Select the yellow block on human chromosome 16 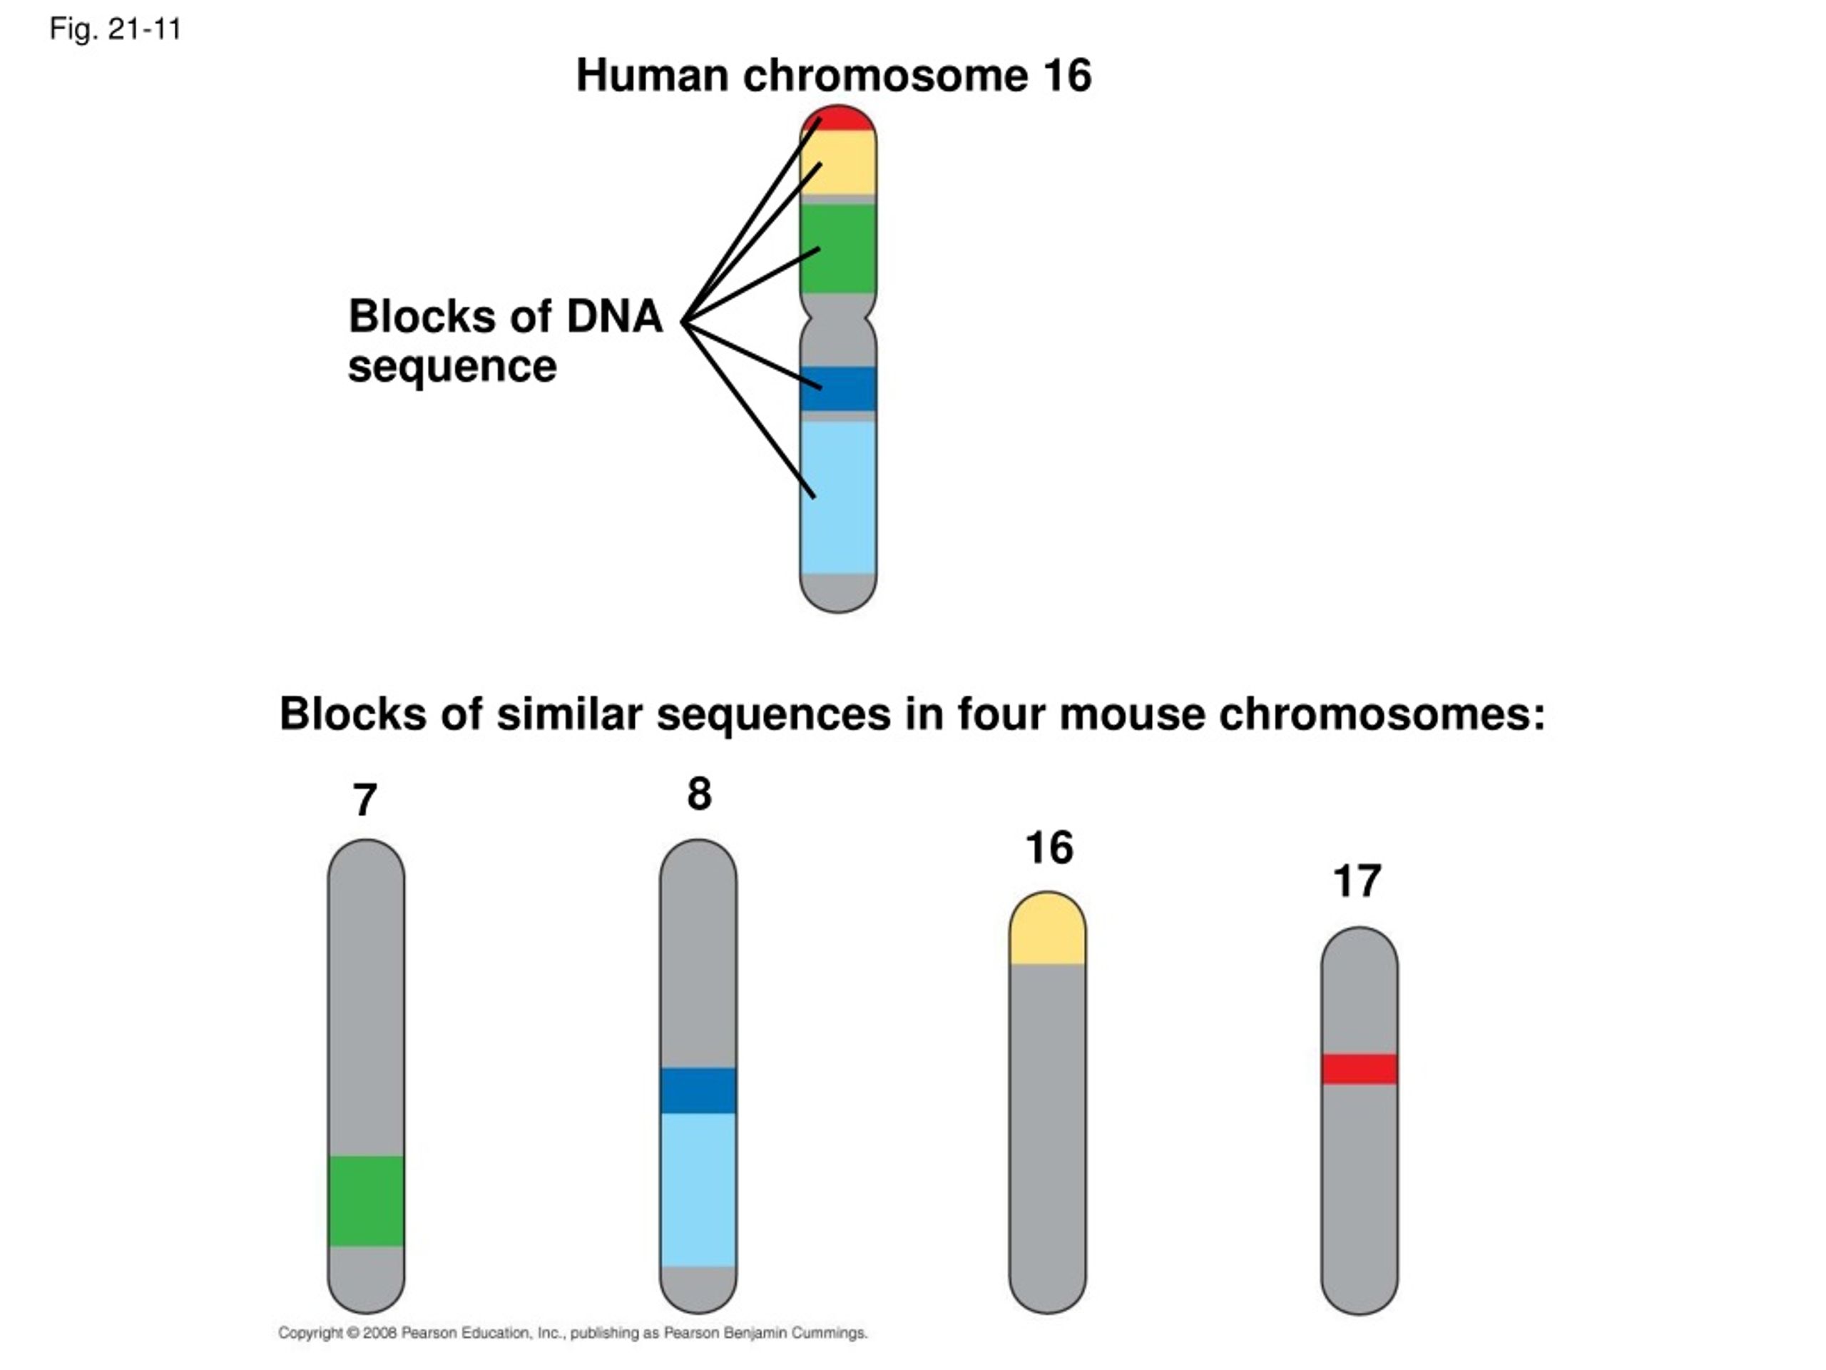tap(838, 163)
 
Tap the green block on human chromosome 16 tap(838, 248)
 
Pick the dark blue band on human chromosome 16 tap(838, 389)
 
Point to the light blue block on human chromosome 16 tap(838, 497)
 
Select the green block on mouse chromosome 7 tap(367, 1201)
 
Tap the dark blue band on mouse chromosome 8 tap(698, 1090)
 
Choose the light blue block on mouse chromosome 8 tap(698, 1189)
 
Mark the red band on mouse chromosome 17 tap(1360, 1069)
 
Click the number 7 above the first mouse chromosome tap(365, 799)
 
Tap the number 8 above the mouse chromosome tap(699, 793)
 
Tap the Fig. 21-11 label tap(116, 30)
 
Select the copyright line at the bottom tap(573, 1333)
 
